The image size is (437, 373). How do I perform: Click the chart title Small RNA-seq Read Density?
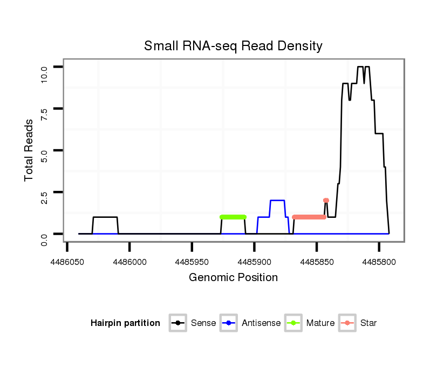tap(233, 46)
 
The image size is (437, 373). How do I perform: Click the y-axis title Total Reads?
tap(29, 150)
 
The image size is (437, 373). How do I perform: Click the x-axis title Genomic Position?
tap(233, 278)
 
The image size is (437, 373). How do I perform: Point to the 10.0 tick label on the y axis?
tap(44, 72)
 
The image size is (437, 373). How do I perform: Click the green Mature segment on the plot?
tap(233, 217)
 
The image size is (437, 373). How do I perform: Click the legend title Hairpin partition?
tap(125, 323)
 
